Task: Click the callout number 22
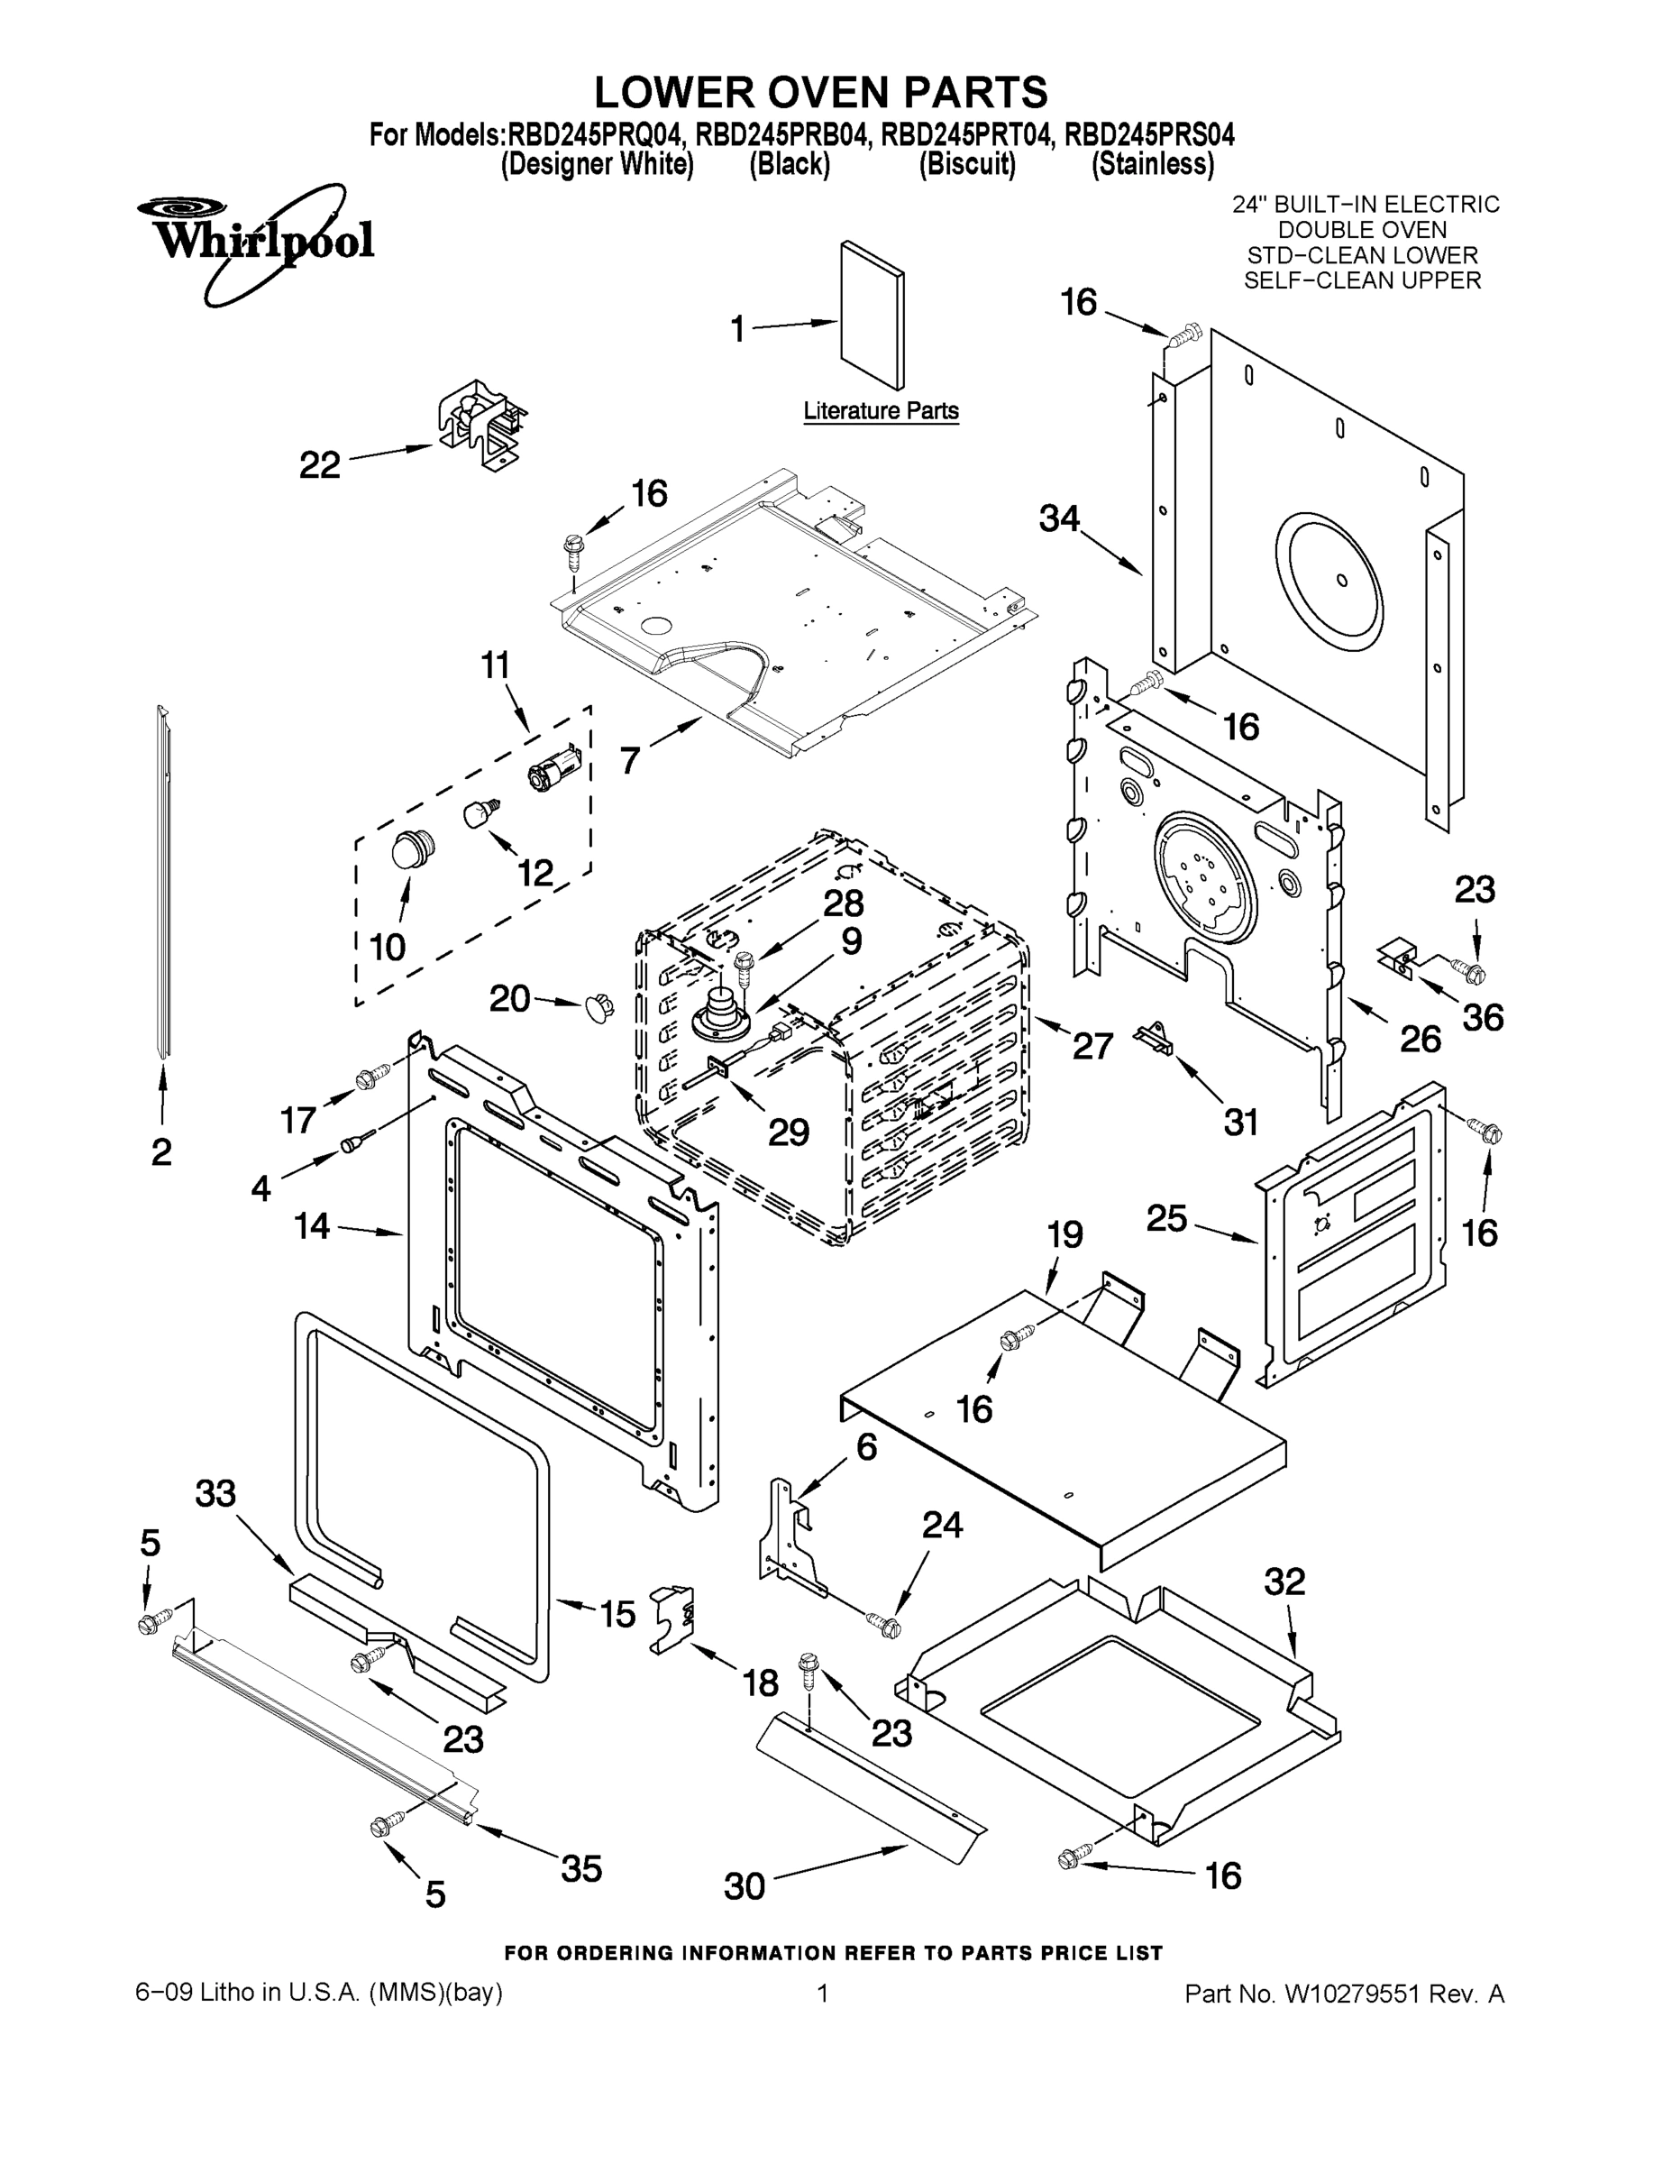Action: (x=319, y=463)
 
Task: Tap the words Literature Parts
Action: (x=881, y=410)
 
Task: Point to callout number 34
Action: (x=1059, y=518)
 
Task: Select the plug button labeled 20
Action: (x=598, y=1006)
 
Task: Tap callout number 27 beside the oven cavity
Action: (x=1092, y=1045)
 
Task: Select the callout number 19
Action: (x=1064, y=1233)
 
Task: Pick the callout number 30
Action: (x=744, y=1885)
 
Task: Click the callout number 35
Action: (x=581, y=1867)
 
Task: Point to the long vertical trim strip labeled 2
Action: (x=162, y=882)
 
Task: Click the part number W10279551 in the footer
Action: (x=1352, y=1994)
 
